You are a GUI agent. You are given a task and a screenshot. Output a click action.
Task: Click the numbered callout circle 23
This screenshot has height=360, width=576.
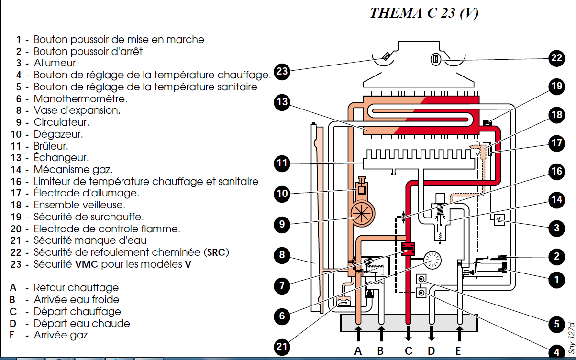tap(282, 71)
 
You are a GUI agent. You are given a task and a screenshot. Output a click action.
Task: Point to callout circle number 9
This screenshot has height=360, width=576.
tap(282, 224)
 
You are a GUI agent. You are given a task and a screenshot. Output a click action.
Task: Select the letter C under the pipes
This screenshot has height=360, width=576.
tap(408, 350)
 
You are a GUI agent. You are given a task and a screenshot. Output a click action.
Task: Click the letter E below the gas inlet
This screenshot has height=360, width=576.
tap(458, 350)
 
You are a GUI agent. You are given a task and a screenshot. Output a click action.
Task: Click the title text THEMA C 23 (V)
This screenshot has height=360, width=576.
tap(424, 13)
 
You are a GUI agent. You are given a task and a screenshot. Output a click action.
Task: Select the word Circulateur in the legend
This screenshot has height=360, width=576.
tap(61, 122)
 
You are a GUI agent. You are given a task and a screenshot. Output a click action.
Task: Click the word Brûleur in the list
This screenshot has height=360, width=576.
tap(51, 146)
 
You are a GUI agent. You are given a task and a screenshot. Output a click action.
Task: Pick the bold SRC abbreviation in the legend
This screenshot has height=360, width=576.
tap(215, 252)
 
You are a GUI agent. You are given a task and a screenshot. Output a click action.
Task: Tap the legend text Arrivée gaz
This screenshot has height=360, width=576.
tap(61, 335)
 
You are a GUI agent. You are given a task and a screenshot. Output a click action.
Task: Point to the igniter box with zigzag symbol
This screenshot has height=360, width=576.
tap(498, 221)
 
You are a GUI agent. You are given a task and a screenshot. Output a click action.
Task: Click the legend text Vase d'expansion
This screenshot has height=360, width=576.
tap(77, 110)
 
